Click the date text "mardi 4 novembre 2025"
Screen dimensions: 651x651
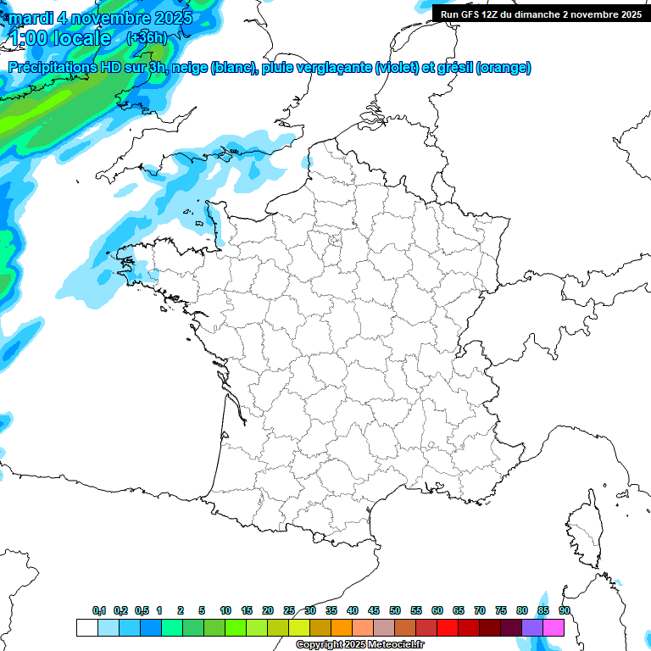100,18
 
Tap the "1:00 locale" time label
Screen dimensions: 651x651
61,38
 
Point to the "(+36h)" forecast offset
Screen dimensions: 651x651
146,38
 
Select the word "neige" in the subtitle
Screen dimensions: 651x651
189,68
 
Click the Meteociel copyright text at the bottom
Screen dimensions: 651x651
359,645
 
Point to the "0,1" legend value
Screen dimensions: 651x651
99,611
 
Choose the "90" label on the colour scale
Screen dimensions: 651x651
564,611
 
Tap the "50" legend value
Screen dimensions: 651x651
395,611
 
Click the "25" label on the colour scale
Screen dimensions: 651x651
289,611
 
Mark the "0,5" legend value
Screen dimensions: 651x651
142,611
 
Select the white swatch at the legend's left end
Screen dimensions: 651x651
86,627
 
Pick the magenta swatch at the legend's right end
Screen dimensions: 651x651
554,627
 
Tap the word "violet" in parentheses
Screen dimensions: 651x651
397,68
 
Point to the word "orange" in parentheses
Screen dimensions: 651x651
504,68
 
